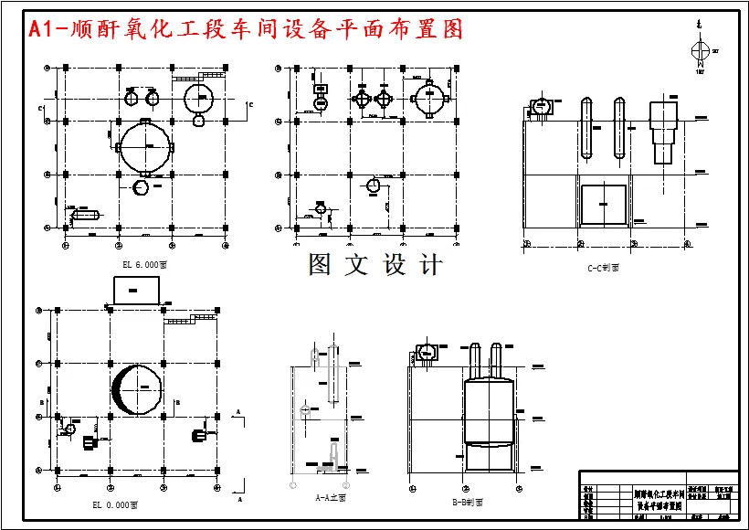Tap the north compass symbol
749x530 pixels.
point(700,51)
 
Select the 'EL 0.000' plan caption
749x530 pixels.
point(115,503)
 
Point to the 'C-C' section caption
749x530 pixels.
point(605,268)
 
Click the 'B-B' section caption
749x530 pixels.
point(468,502)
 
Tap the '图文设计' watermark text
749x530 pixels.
point(375,265)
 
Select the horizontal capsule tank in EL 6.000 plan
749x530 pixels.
point(84,216)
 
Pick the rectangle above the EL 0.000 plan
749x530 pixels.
point(136,290)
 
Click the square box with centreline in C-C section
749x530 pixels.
point(604,207)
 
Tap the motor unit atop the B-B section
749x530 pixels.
point(427,353)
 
